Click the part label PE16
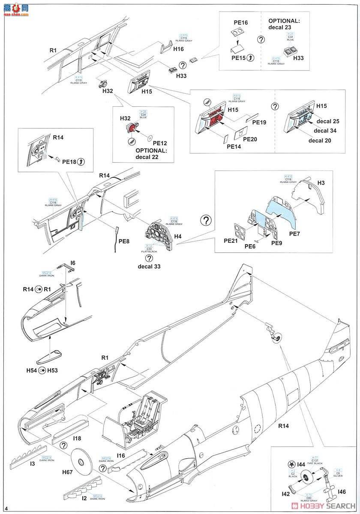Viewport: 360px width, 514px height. coord(240,22)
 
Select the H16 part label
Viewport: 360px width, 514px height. coord(179,49)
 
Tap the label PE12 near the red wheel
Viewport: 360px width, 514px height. coord(159,143)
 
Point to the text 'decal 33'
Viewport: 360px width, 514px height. coord(148,266)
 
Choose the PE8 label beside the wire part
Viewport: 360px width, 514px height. coord(124,242)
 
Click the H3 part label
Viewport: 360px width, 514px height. coord(321,183)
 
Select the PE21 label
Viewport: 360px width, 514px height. coord(231,241)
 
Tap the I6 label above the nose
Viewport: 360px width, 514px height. coord(73,263)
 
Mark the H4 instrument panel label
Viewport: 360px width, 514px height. coord(178,236)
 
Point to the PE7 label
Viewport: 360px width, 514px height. coord(294,233)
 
